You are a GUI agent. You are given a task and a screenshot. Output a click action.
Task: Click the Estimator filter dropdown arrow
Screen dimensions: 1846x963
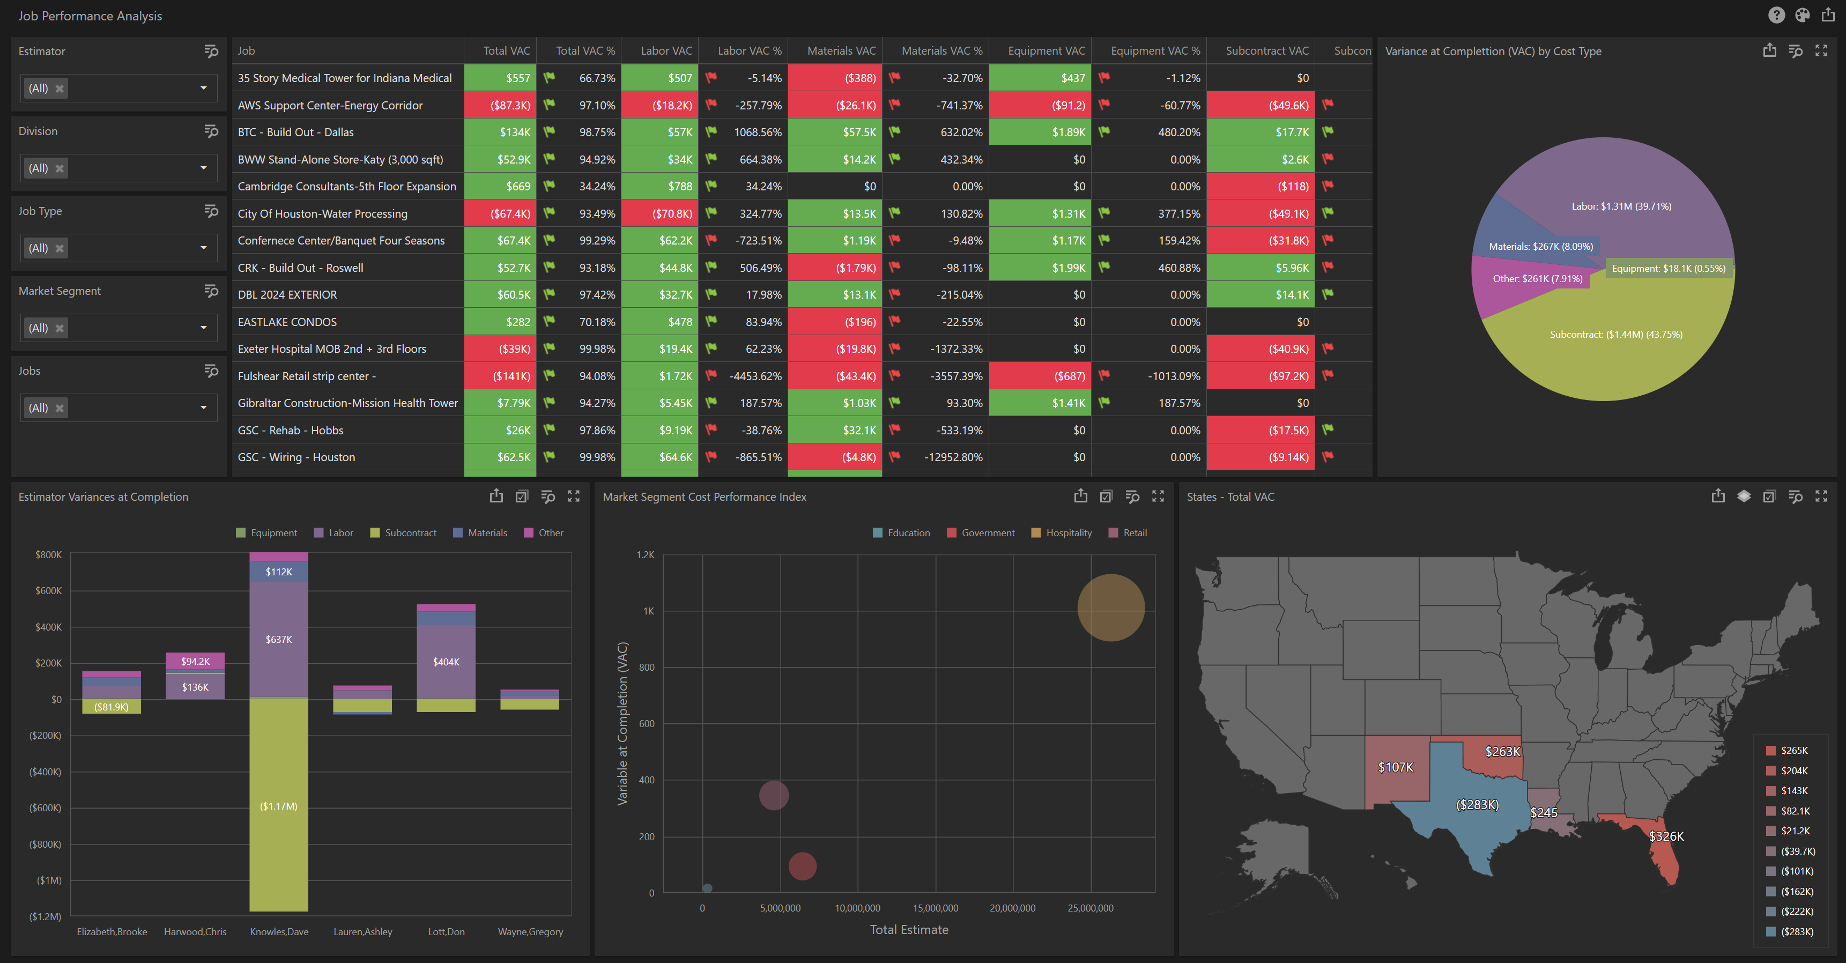(204, 88)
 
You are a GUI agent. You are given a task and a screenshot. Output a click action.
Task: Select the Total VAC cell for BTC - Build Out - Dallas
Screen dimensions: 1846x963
(500, 132)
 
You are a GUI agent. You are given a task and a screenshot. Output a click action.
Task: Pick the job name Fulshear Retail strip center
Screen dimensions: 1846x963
(307, 376)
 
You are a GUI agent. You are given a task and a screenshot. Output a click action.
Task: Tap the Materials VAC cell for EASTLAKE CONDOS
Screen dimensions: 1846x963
(835, 322)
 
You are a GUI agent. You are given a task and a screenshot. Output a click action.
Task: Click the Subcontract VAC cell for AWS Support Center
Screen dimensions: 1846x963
(1261, 105)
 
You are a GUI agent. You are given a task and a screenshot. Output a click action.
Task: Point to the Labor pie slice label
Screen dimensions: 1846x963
(1621, 206)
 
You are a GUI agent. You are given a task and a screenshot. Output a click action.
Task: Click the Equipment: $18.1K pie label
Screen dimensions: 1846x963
(1669, 269)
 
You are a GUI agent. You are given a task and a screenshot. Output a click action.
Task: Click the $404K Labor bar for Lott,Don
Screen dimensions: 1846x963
(446, 661)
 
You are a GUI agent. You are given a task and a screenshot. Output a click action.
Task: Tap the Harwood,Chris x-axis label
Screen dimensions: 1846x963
(195, 931)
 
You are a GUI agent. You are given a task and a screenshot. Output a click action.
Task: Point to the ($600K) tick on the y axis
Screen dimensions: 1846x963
(45, 808)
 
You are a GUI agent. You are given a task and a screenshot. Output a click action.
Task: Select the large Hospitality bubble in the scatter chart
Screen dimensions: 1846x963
(1111, 608)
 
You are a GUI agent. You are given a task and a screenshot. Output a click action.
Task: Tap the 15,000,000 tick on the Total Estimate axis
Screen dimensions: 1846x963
(935, 908)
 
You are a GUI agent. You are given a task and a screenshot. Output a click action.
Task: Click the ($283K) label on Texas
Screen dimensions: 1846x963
(1477, 805)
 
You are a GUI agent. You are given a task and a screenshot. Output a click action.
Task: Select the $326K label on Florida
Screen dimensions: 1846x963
(1666, 836)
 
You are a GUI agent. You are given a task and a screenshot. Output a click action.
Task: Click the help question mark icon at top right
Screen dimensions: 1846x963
(1776, 15)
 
